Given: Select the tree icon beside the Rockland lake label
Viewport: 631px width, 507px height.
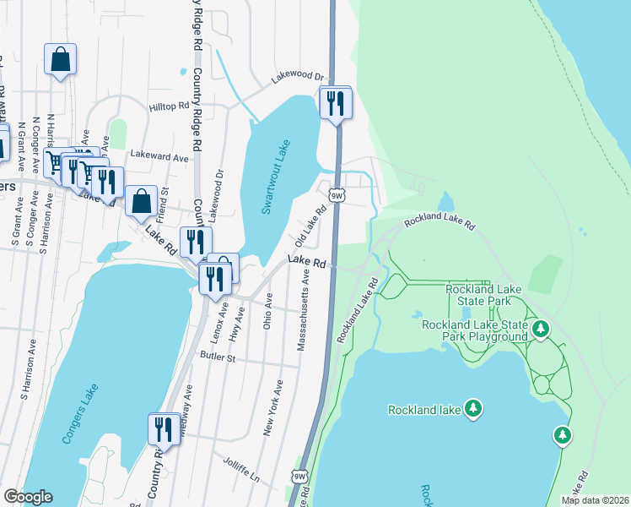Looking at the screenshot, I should click(474, 410).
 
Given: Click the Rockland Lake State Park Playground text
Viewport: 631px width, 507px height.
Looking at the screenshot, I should click(475, 330).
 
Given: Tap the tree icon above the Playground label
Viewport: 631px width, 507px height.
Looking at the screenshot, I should click(540, 327).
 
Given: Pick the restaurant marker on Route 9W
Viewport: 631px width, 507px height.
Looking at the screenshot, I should click(336, 103).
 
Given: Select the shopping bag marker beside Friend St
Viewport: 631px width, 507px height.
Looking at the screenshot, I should click(142, 201).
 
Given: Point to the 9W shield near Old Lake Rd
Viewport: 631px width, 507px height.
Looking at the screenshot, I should click(336, 195).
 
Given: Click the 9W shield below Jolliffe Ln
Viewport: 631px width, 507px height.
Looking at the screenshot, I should click(299, 477).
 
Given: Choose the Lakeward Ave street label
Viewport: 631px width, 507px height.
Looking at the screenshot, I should click(159, 157).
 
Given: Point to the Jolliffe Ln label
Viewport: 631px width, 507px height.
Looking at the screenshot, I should click(242, 469).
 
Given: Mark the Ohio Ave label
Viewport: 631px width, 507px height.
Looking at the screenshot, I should click(269, 311).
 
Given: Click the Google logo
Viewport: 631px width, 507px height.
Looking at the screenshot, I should click(28, 497).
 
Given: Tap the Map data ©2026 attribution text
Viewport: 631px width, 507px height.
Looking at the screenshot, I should click(594, 500).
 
